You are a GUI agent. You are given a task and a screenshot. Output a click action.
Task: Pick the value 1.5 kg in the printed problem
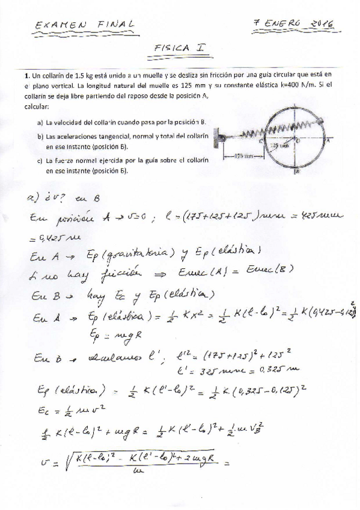point(81,76)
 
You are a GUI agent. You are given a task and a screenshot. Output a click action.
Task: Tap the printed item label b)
point(40,137)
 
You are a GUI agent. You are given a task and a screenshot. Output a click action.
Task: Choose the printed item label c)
point(40,161)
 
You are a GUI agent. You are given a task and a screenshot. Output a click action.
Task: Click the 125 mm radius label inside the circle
point(281,145)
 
